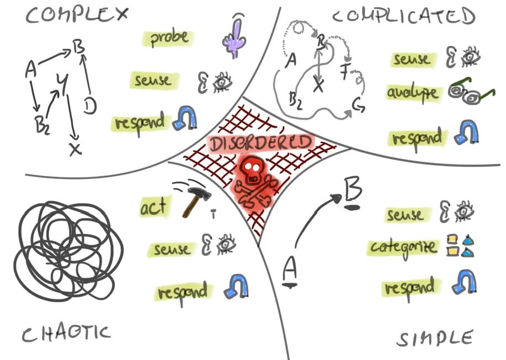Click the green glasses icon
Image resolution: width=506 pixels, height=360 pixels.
point(468,92)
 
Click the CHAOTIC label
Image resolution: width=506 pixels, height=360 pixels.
point(66,332)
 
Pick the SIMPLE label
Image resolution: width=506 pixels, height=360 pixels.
point(435,338)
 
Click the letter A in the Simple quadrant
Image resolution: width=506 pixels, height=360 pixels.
point(290,270)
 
